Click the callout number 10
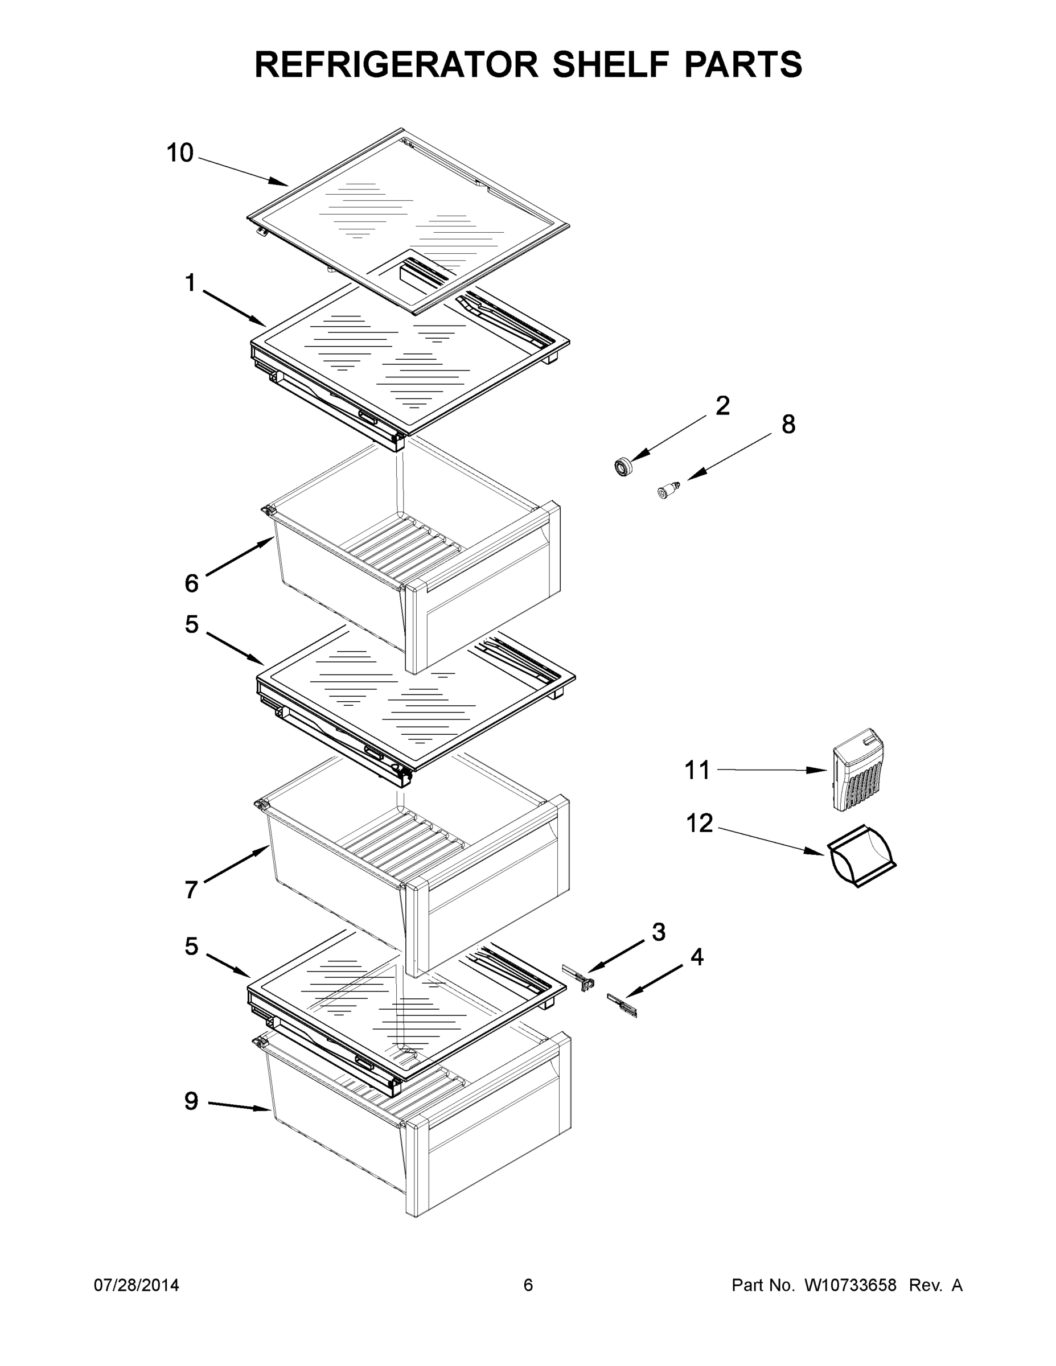tap(179, 153)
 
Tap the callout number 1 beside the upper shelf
tap(190, 283)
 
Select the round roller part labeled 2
tap(623, 467)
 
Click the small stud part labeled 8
tap(668, 489)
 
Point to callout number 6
tap(191, 583)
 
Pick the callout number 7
tap(191, 890)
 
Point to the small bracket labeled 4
tap(622, 1005)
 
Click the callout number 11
tap(697, 770)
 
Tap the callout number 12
tap(700, 824)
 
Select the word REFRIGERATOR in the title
tap(397, 64)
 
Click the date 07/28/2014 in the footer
tap(137, 1285)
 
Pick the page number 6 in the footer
tap(528, 1285)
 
